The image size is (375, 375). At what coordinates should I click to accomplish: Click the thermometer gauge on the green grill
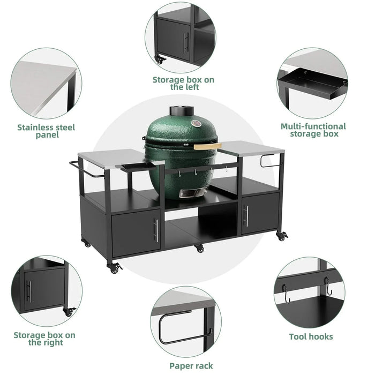(196, 124)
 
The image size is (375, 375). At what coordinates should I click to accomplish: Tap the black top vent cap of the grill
(182, 111)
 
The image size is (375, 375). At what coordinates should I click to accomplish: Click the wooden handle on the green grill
(207, 146)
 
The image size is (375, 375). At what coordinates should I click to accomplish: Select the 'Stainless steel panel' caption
(46, 131)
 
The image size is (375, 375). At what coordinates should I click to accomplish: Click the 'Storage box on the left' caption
(183, 83)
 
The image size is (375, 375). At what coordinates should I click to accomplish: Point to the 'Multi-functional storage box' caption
(313, 130)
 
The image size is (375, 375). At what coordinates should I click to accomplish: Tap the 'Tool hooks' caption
(311, 336)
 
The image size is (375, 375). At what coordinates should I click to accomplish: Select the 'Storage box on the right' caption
(44, 339)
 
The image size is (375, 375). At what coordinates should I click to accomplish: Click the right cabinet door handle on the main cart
(246, 215)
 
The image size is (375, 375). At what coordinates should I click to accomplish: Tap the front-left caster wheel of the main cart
(114, 268)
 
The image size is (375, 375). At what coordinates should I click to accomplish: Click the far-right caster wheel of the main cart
(282, 236)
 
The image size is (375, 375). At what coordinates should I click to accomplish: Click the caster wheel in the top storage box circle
(159, 59)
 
